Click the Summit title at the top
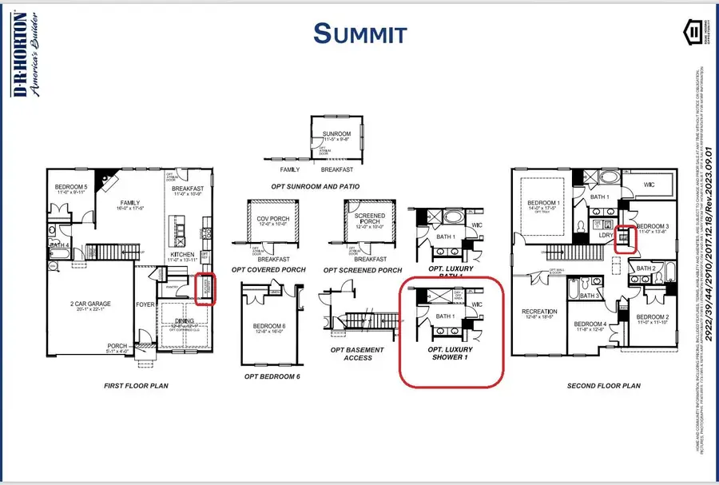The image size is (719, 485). (x=359, y=34)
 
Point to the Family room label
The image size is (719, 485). (x=129, y=204)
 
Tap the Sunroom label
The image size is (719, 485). (x=336, y=136)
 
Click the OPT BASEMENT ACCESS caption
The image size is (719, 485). (x=357, y=354)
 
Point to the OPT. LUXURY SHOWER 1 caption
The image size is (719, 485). (x=450, y=354)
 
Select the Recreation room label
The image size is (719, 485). (x=539, y=312)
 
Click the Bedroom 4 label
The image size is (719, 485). (x=590, y=325)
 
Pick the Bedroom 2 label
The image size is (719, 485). (x=653, y=318)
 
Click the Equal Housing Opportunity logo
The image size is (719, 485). (x=695, y=33)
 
